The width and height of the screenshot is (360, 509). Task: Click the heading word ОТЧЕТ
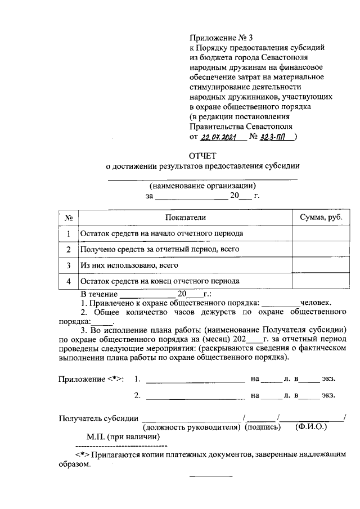(202, 155)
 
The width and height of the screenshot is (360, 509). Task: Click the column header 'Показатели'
(186, 218)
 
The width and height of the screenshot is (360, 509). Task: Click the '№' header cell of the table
(67, 218)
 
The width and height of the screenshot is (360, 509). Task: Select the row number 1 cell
(67, 233)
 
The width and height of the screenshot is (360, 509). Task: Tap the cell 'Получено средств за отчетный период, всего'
(160, 249)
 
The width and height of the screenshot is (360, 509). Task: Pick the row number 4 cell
(67, 281)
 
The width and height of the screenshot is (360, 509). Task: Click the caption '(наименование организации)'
(202, 185)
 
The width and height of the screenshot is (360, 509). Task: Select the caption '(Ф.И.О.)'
(311, 427)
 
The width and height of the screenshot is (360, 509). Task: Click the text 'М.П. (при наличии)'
(123, 437)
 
